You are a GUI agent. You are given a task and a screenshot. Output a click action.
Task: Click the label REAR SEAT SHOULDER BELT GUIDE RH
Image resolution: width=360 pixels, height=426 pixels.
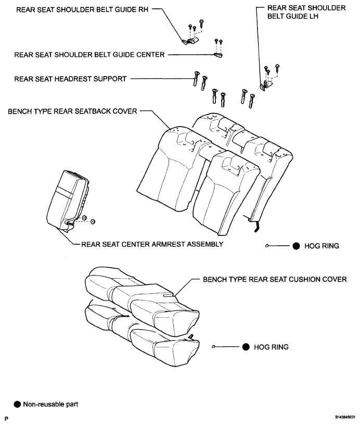click(82, 10)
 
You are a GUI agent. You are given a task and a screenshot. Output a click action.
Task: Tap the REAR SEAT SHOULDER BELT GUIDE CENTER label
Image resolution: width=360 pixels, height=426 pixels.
click(89, 55)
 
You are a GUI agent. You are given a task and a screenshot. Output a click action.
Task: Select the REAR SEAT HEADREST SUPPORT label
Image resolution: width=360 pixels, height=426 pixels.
click(70, 79)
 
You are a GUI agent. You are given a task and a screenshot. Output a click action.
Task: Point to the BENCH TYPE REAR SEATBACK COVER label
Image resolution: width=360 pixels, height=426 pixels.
click(72, 111)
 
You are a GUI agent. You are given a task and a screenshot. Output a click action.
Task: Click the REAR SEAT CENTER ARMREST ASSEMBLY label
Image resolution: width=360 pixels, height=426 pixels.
click(152, 244)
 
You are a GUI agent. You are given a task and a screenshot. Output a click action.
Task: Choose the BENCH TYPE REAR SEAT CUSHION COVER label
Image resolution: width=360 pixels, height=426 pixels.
click(275, 280)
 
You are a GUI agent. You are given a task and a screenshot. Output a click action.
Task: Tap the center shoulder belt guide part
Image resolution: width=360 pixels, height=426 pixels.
click(218, 55)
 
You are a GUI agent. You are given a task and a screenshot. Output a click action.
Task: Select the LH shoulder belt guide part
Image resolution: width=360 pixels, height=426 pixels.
click(265, 84)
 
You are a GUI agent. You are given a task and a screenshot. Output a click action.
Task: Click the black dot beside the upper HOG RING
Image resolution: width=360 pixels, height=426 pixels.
click(296, 246)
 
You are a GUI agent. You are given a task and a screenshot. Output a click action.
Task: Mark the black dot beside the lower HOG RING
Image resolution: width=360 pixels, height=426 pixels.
click(246, 347)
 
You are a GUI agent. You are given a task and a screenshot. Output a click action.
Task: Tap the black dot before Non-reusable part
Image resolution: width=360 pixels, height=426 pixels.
click(17, 404)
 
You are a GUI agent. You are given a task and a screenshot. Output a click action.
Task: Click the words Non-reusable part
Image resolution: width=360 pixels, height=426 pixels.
click(50, 404)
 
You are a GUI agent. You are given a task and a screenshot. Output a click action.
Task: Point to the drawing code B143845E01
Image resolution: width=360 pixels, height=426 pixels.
click(345, 417)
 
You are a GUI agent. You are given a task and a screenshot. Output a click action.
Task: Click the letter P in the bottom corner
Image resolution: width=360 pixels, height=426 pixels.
click(7, 419)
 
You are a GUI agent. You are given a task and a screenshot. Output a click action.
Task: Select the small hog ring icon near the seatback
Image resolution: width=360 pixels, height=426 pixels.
click(267, 246)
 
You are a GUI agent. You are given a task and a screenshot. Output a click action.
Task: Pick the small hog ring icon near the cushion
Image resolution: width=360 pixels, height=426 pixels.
click(213, 347)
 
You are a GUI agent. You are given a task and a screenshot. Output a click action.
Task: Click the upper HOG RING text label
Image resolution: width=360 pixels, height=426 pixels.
click(322, 246)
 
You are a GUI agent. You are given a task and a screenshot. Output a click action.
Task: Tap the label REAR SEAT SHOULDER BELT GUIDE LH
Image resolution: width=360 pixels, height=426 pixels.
click(306, 12)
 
